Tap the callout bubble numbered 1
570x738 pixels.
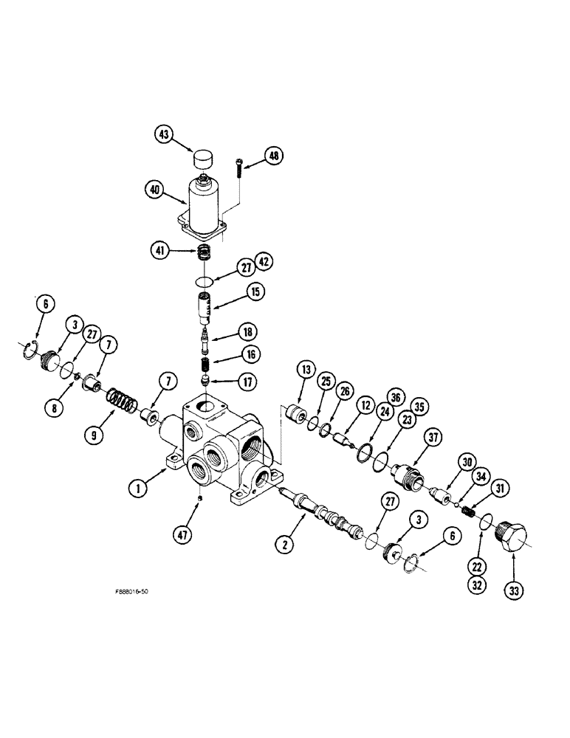click(x=137, y=486)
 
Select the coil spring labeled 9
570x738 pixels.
click(x=123, y=406)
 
